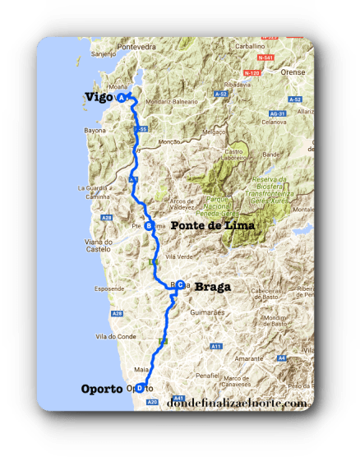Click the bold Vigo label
[99, 98]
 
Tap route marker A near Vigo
[122, 97]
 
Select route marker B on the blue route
[148, 226]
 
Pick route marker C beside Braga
[179, 285]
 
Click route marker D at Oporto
[139, 389]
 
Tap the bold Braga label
[212, 288]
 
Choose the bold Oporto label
[103, 389]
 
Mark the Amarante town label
[247, 359]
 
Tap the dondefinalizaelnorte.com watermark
[238, 404]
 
